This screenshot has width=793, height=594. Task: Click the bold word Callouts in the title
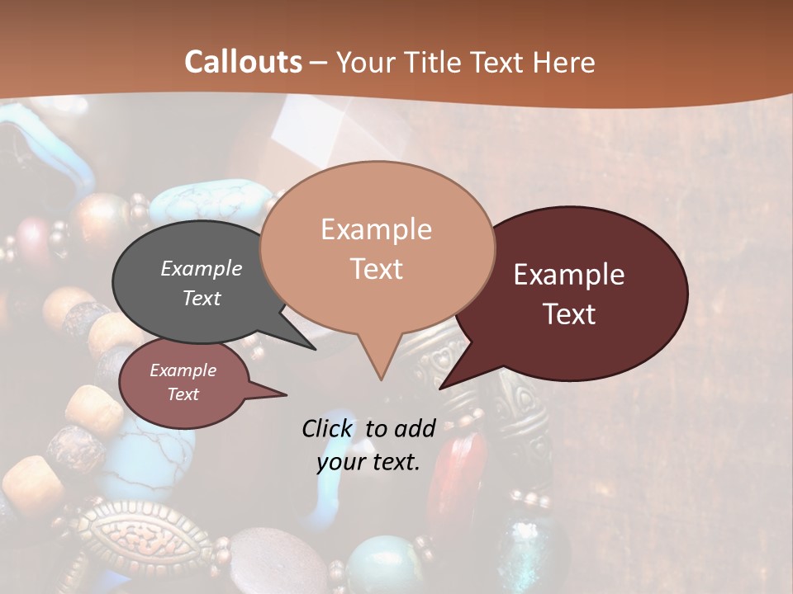(x=243, y=62)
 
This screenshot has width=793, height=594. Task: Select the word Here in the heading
(x=562, y=62)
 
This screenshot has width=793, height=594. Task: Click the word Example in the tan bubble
(x=376, y=229)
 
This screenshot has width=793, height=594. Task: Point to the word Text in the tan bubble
(x=376, y=269)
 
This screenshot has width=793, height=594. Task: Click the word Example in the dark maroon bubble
(x=569, y=275)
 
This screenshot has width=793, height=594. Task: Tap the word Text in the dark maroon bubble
(x=569, y=314)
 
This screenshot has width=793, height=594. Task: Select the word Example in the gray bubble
(x=202, y=269)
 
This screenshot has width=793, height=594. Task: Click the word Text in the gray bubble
(x=202, y=299)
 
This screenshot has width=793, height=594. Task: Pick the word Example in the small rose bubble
(x=183, y=370)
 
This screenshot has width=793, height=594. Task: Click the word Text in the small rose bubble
(x=183, y=394)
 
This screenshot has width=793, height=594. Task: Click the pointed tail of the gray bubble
(x=314, y=348)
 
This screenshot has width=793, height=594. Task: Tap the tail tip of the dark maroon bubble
(x=441, y=387)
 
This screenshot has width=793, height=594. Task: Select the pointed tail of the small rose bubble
(x=284, y=395)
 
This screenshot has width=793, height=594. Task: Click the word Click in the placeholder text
(x=328, y=428)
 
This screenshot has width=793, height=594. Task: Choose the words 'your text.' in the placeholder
(x=368, y=463)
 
